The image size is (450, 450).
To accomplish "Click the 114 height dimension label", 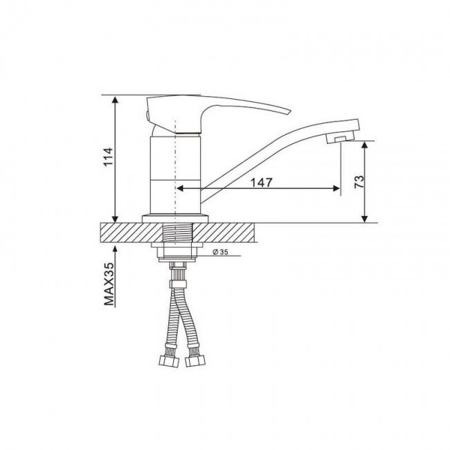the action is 109,156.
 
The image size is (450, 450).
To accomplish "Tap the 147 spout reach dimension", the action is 261,182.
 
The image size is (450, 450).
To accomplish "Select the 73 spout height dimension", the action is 359,181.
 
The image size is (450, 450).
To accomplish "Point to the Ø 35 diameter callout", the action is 220,252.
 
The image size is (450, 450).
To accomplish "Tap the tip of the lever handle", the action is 291,111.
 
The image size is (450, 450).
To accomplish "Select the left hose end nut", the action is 170,361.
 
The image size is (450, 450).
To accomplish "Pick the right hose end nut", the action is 195,361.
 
